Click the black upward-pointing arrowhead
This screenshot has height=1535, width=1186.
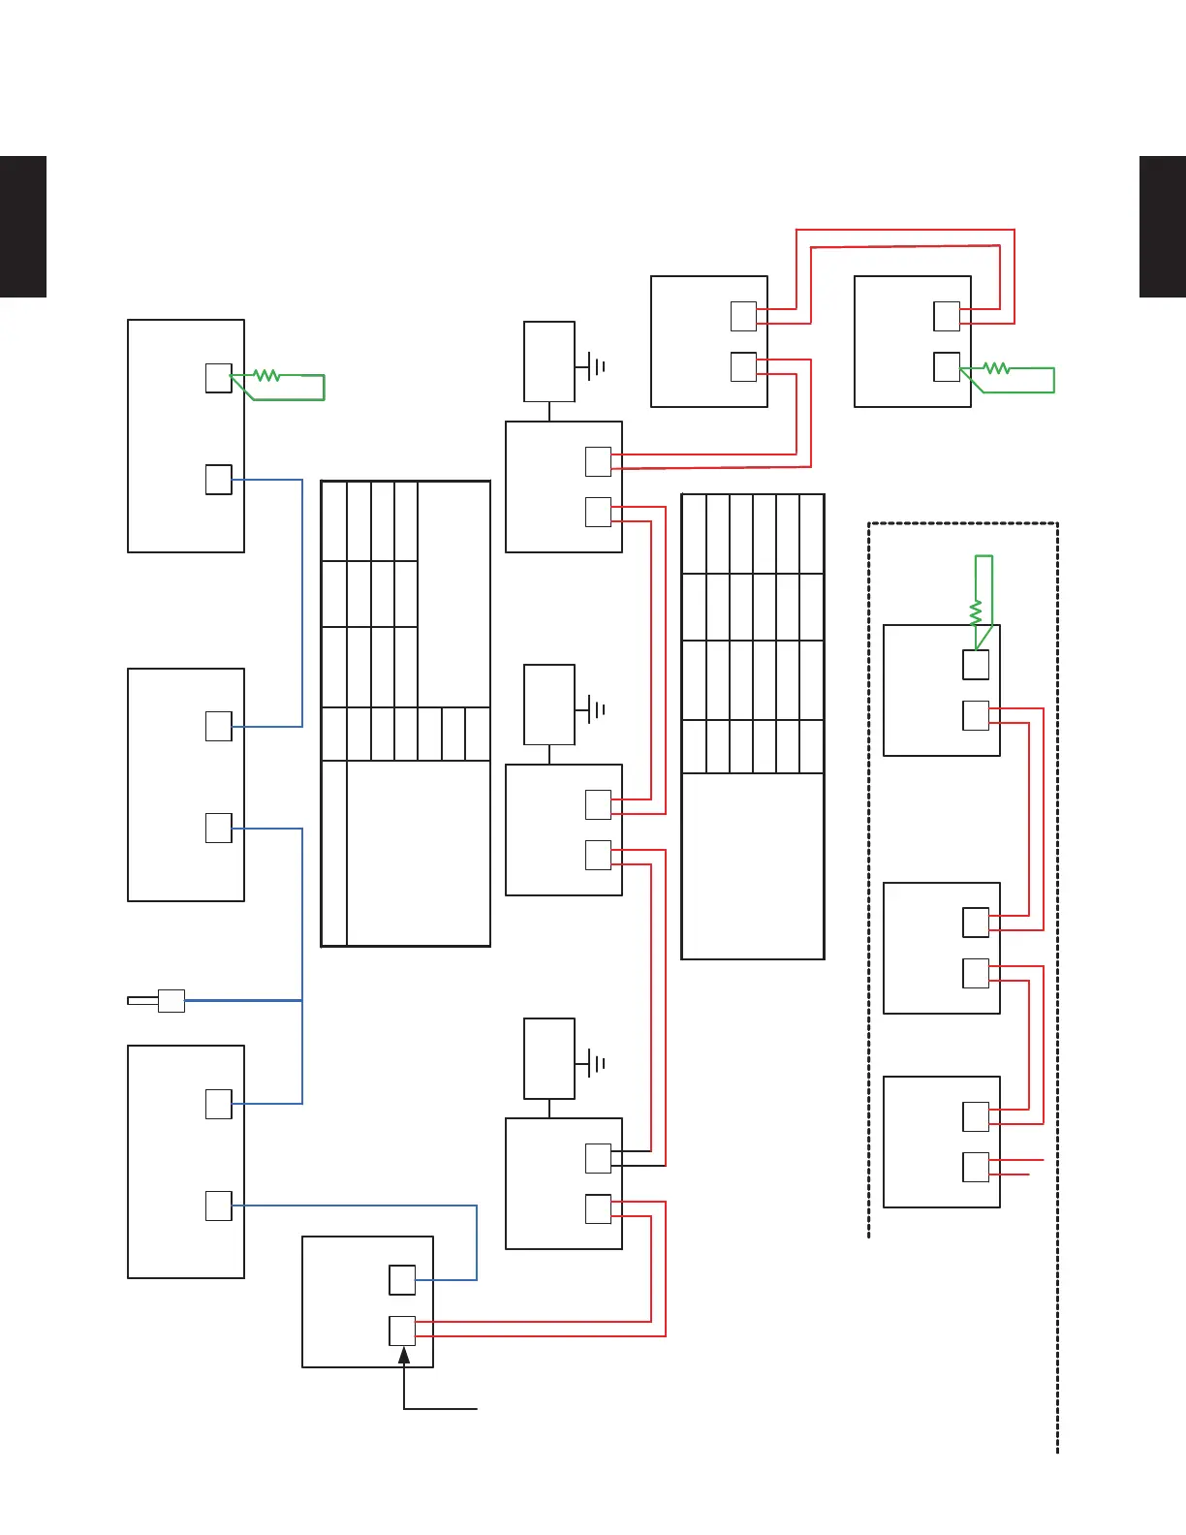404,1355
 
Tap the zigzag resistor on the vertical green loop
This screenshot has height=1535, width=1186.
976,612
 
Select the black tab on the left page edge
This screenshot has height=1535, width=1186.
23,226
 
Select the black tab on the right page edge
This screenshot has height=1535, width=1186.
1162,226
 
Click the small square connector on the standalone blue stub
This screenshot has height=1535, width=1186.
172,1000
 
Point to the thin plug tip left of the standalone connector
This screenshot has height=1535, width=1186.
142,1000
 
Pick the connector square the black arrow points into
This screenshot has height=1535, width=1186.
402,1330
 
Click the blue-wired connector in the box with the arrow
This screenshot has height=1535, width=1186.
402,1279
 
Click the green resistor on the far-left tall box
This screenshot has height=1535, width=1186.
266,375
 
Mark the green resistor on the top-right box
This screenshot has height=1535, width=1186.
996,368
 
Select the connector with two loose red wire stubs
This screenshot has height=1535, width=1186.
976,1167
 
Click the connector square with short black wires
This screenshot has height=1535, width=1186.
599,1158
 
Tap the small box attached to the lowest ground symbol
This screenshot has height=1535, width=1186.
549,1058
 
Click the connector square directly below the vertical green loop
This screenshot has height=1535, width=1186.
976,665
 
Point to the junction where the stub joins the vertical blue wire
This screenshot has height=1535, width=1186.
302,1000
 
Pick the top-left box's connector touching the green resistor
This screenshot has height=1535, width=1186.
219,378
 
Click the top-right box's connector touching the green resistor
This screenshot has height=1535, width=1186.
947,367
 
